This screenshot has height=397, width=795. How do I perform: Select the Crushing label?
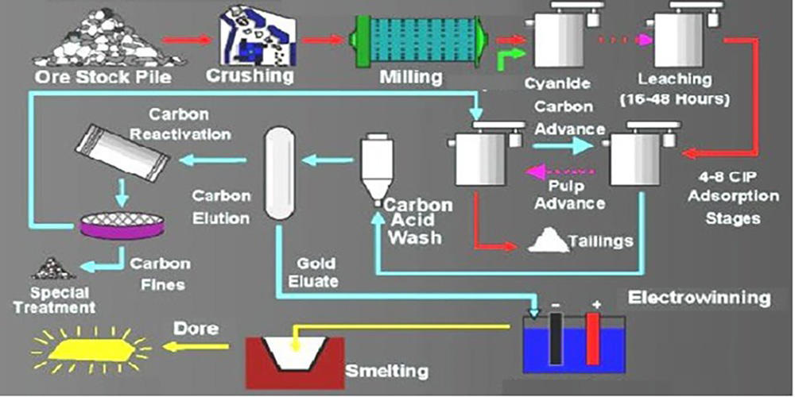click(x=249, y=75)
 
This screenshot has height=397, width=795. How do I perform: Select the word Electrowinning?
click(x=699, y=298)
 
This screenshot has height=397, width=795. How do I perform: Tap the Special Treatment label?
click(x=60, y=299)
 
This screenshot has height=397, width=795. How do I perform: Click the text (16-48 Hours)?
click(x=672, y=100)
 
